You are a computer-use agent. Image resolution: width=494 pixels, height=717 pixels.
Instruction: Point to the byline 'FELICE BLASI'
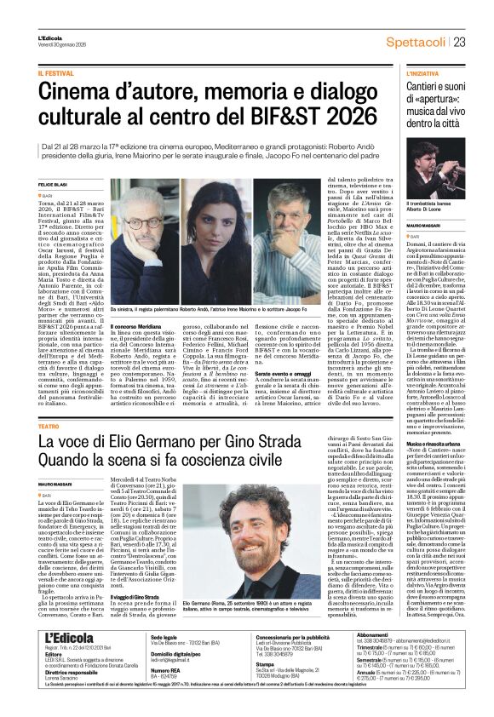click(x=52, y=185)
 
